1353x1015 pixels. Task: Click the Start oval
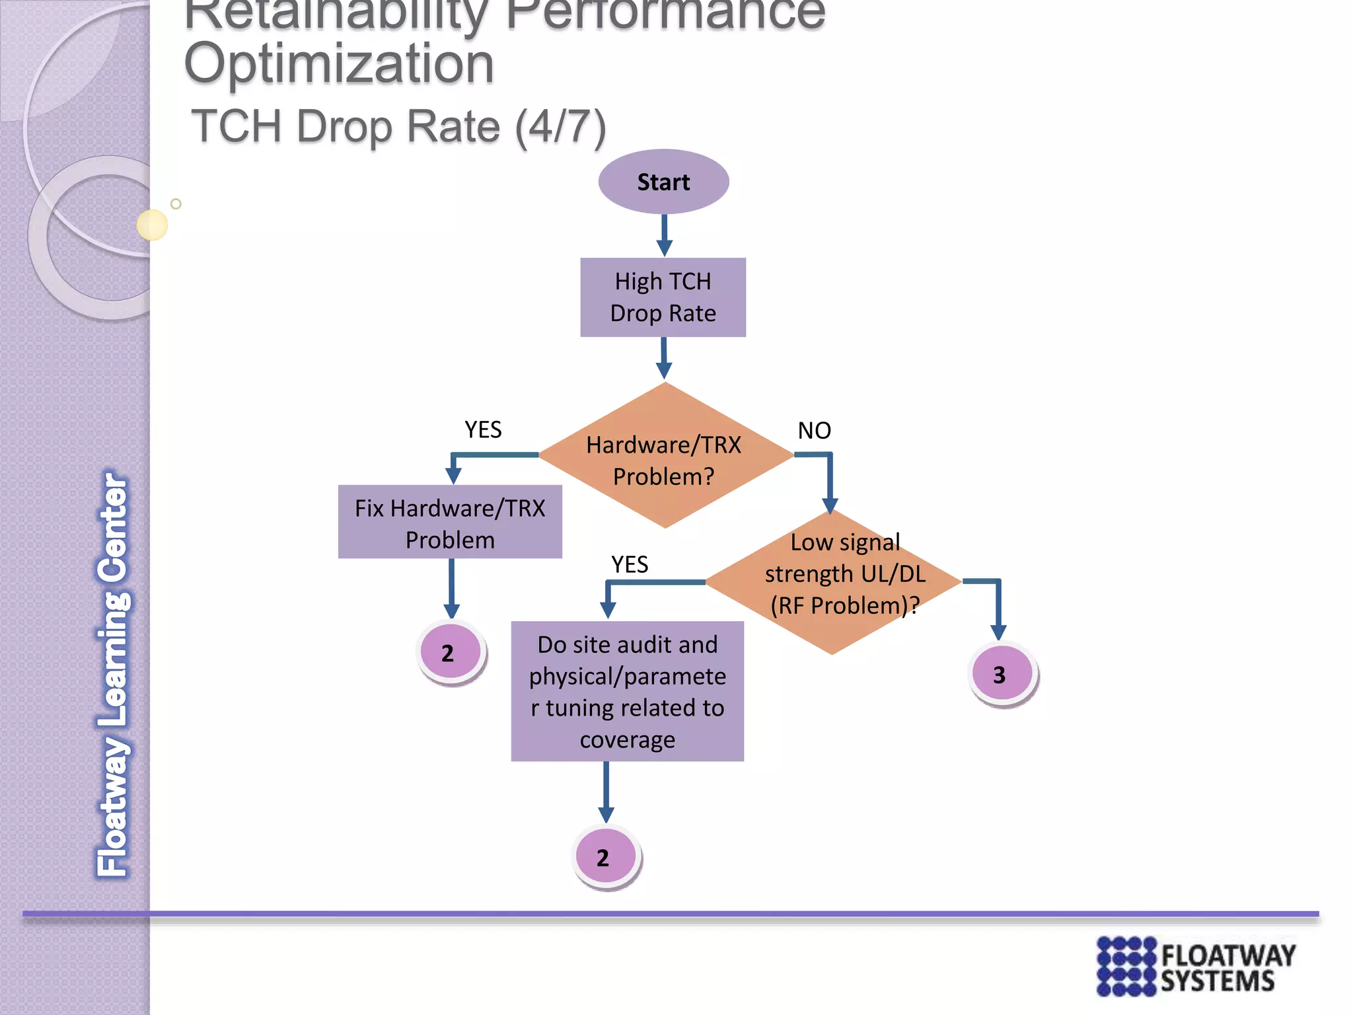663,182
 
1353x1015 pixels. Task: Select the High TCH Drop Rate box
663,297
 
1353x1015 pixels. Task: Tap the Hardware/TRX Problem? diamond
665,456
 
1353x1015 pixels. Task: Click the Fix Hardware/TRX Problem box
450,522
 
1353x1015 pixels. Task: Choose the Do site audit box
627,691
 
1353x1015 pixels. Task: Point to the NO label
814,431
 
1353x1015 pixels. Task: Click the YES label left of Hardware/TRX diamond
483,430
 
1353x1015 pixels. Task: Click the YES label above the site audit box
629,565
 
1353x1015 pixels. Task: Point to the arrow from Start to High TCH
665,235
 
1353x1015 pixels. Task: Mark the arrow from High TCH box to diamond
665,358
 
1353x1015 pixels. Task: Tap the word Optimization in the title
339,64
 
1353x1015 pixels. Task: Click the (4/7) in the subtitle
560,127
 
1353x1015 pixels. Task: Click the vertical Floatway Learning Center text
113,674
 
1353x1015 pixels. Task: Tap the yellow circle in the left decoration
152,225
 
